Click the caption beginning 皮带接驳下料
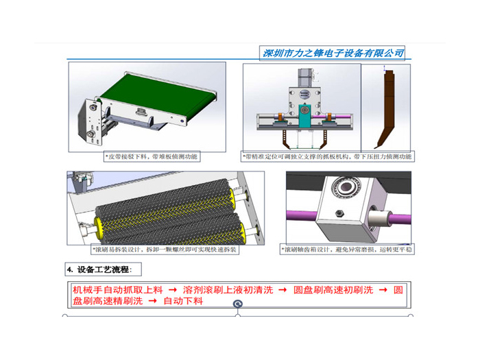coord(151,157)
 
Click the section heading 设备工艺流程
coord(104,268)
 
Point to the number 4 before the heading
coord(69,268)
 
